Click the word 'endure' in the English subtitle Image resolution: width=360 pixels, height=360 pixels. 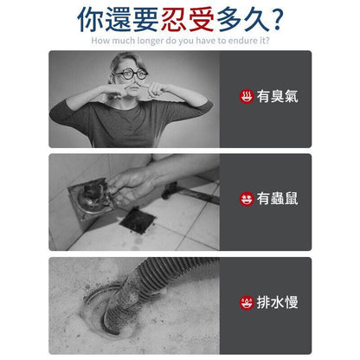pos(240,40)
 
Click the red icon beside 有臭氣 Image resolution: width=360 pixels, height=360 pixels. pos(247,96)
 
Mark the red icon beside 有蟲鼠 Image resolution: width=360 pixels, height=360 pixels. pos(247,199)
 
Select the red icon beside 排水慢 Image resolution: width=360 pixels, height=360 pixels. pos(247,303)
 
